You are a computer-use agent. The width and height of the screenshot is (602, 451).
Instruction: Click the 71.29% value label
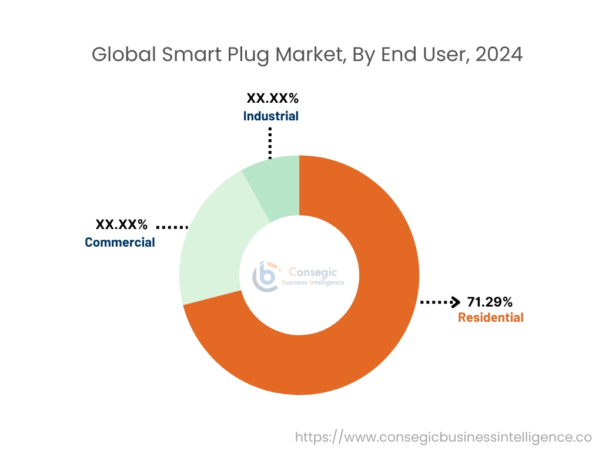pos(490,302)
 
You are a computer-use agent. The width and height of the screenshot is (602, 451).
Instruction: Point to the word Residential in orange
pos(490,318)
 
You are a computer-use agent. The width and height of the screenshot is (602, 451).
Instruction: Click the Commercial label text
pos(120,242)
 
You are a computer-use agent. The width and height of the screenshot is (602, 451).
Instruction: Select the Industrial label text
pos(270,116)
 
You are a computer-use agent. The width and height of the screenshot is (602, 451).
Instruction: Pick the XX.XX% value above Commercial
pos(122,224)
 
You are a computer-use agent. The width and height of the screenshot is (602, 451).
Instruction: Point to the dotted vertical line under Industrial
pos(270,142)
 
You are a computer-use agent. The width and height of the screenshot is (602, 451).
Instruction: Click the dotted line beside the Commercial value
pos(172,226)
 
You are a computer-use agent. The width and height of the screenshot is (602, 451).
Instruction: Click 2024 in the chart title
pos(499,55)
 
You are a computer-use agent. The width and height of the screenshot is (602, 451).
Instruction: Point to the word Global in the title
pos(120,55)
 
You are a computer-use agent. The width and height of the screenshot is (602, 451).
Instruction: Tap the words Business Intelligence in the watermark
pos(313,282)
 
